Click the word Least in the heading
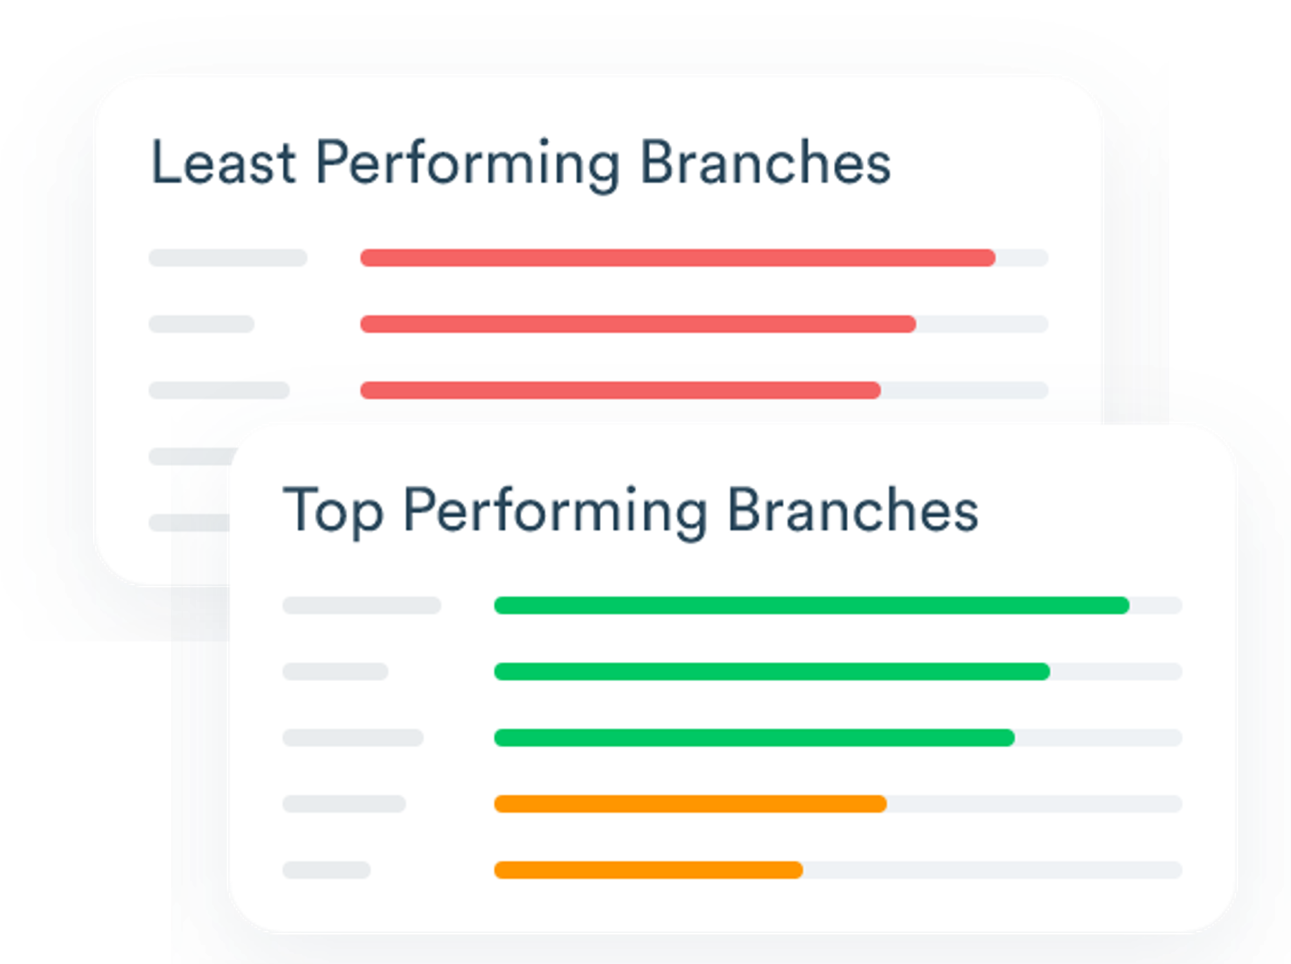point(223,163)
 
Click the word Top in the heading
point(333,511)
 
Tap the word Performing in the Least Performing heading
point(467,165)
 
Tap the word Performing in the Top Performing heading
point(555,513)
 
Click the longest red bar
point(678,258)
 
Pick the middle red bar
point(638,324)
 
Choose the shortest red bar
point(620,390)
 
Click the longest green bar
point(812,606)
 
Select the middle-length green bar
point(772,672)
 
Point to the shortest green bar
point(754,738)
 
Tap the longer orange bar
point(690,804)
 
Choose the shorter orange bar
point(649,870)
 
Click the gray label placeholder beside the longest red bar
point(228,258)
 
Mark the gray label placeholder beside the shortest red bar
point(219,390)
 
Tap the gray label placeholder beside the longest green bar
point(362,606)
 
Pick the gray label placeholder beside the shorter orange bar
point(327,870)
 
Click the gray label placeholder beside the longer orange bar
point(344,804)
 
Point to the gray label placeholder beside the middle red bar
point(201,324)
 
